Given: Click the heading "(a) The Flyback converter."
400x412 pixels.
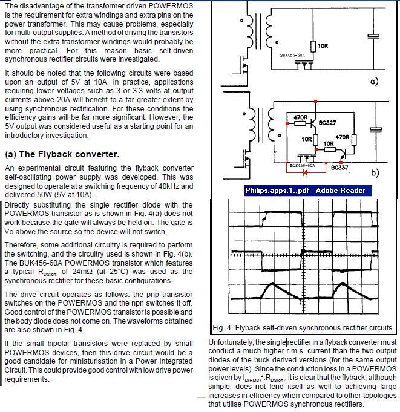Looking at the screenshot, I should pos(62,154).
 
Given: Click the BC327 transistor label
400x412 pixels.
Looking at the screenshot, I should pos(327,123).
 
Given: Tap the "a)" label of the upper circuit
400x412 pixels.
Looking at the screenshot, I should pos(373,80).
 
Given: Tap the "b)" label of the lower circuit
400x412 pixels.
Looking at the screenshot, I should pos(375,173).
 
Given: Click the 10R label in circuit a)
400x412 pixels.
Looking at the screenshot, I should pos(323,46).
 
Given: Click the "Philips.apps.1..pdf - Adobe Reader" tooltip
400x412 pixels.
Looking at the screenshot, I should pos(304,190).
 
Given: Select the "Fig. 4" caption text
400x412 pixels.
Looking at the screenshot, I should pos(303,328).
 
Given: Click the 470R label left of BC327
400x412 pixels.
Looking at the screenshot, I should pos(301,117).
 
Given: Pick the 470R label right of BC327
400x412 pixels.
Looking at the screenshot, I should pos(343,137).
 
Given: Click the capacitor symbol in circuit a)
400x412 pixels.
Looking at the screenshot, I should pos(376,36).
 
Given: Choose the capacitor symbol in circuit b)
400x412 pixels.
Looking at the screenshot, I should pos(376,129).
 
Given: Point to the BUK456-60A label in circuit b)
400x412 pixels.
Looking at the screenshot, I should pos(302,165).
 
